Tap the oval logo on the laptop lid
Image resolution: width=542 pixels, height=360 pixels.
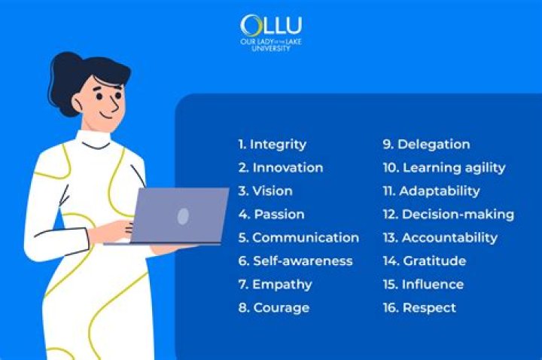pos(183,216)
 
